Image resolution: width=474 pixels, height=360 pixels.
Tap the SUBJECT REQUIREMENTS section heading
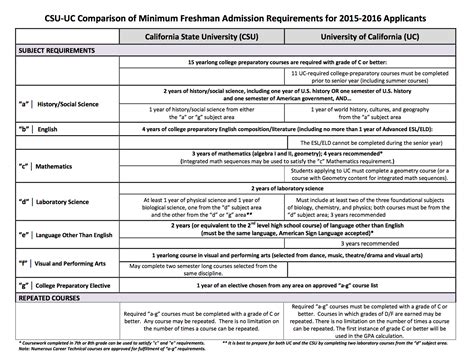point(50,51)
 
